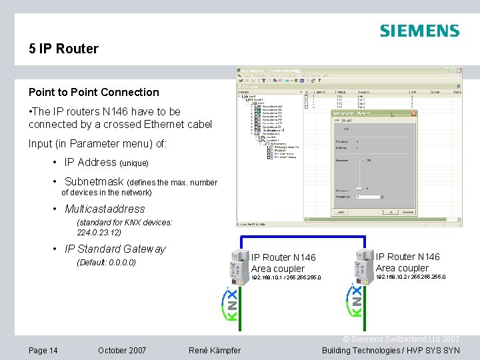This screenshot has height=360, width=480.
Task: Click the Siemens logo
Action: [x=419, y=31]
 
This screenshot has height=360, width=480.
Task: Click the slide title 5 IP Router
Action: [x=63, y=49]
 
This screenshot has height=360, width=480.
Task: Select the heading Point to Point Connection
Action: [x=94, y=92]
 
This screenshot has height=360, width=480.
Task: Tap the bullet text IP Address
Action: [x=90, y=162]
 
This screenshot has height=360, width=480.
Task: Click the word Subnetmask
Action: [x=94, y=181]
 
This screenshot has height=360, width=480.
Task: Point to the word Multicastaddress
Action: [x=105, y=209]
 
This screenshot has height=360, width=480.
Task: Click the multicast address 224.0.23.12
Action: [x=99, y=233]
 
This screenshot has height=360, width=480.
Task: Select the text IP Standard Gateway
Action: [x=115, y=249]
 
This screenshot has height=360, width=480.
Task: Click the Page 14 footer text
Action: [x=43, y=351]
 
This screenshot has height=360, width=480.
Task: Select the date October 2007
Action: [x=122, y=351]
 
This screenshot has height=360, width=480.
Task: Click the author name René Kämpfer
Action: [x=215, y=351]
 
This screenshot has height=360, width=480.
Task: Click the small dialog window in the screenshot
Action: [x=374, y=163]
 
